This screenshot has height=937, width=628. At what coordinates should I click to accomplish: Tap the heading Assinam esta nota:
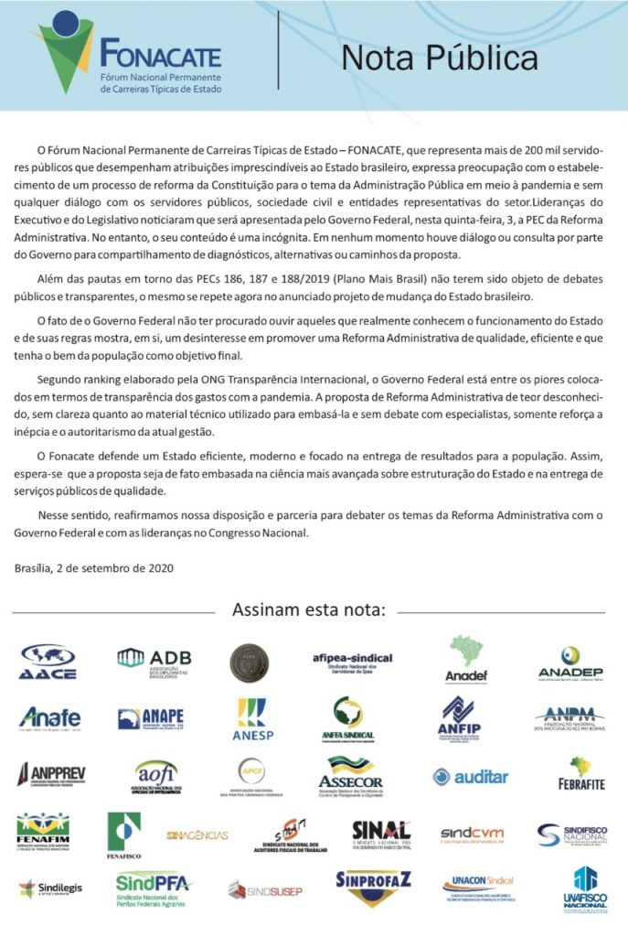click(309, 609)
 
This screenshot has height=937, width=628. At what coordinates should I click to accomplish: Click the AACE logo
click(48, 662)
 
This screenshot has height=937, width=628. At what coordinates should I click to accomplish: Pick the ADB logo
click(154, 662)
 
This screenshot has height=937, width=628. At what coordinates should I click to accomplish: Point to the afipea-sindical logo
click(352, 662)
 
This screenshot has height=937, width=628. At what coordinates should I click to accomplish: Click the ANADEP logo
click(569, 662)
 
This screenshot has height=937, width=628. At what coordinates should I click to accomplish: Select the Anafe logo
click(49, 717)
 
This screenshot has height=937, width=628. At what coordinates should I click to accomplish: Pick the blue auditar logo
click(470, 776)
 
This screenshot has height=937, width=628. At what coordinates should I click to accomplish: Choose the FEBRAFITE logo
click(581, 774)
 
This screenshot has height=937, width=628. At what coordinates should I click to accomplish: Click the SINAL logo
click(381, 834)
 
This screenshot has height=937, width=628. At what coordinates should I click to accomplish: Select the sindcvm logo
click(472, 834)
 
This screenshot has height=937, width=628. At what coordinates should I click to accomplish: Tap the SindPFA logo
click(154, 888)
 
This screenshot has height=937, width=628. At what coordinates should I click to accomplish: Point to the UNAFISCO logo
click(584, 889)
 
